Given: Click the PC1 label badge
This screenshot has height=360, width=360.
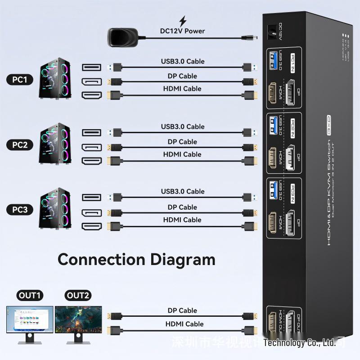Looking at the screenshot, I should point(20,80).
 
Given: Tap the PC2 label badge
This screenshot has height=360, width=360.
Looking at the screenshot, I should point(20,145).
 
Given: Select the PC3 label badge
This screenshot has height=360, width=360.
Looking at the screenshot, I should point(20,210).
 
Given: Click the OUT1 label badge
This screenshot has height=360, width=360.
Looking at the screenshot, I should point(30,295).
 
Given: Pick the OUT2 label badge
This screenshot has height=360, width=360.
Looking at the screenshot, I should point(78,295).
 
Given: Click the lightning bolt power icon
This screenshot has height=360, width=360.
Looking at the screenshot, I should point(183,21).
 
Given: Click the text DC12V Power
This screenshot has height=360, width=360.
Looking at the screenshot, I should point(182,31).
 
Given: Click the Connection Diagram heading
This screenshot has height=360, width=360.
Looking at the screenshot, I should point(136,260).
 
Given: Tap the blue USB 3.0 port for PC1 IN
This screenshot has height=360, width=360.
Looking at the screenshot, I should point(273,60).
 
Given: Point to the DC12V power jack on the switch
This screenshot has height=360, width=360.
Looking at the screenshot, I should point(271,31).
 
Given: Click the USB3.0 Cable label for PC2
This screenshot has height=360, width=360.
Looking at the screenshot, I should point(183,126).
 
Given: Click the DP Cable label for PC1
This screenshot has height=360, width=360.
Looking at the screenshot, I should point(182,76).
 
